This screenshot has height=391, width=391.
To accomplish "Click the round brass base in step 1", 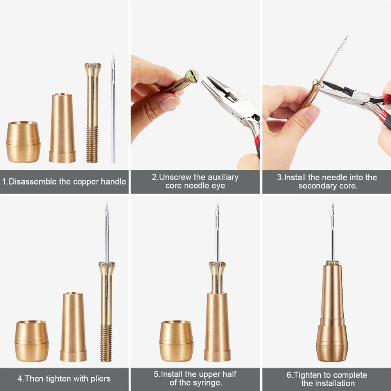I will pos(23,142).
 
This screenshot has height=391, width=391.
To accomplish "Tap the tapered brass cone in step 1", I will pos(62,128).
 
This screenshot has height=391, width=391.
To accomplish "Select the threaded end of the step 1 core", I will pos(92,144).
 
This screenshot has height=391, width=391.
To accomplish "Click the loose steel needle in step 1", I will pos(113,109).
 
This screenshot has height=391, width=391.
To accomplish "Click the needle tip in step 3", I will pos(346,38).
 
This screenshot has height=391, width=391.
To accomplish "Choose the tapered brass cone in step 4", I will pos(74,327).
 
